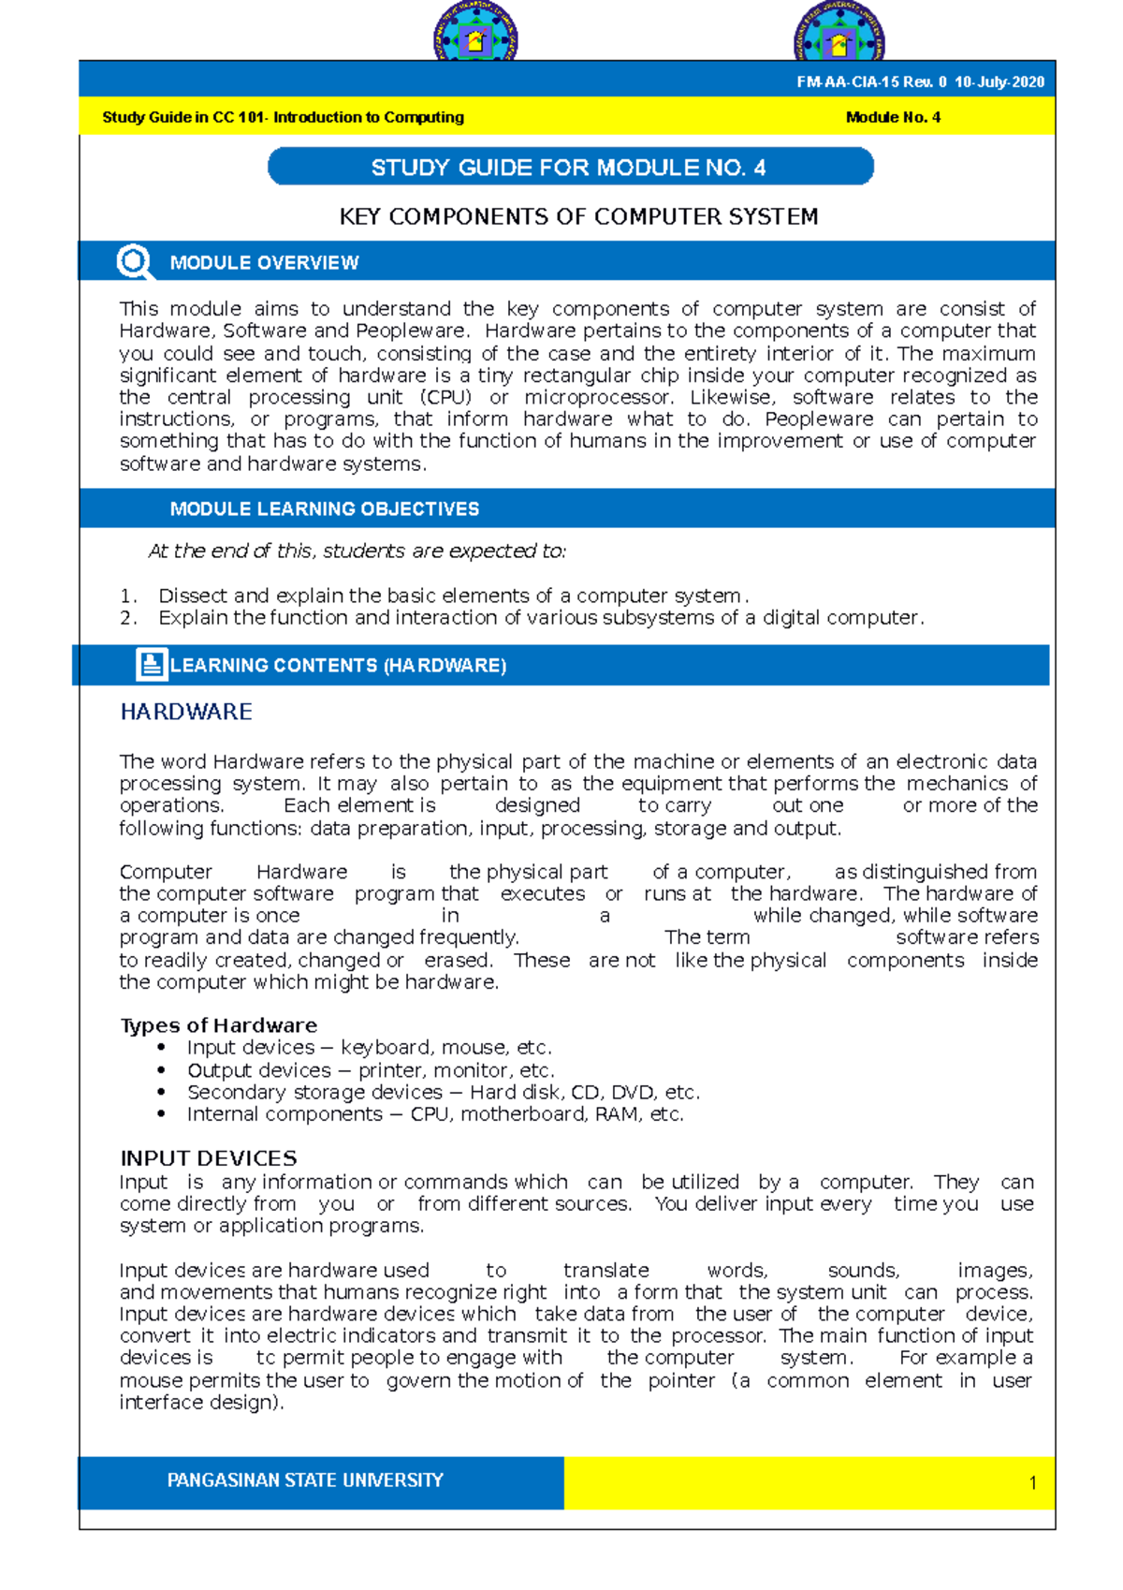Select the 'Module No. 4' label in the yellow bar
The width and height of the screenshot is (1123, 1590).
(893, 117)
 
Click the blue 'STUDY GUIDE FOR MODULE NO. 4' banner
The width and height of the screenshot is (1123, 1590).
(570, 168)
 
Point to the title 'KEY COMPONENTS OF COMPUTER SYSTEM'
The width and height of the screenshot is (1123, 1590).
(578, 216)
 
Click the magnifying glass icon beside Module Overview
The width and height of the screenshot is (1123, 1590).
(135, 261)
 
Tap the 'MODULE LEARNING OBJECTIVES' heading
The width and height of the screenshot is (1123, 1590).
(324, 508)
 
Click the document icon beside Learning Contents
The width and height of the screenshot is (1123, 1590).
(151, 664)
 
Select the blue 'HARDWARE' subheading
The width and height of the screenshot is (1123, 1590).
(186, 712)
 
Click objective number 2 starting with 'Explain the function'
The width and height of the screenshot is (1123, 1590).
(540, 618)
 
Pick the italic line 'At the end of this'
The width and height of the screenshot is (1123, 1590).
(357, 552)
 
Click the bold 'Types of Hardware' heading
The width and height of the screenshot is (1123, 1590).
(218, 1025)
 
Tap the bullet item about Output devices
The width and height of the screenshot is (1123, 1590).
(371, 1070)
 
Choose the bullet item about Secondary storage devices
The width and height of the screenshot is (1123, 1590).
(443, 1092)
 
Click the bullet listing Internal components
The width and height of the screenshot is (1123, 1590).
(434, 1114)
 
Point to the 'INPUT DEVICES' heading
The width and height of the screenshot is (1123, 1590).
(208, 1158)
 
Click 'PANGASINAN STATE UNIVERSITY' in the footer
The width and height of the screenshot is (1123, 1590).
(304, 1480)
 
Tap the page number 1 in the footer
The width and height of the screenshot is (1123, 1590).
(1032, 1482)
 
